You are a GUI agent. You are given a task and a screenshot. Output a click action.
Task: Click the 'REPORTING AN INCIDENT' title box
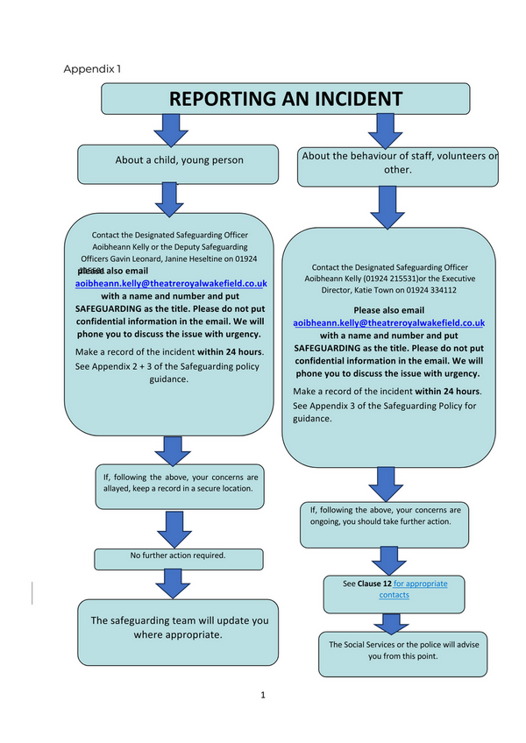point(286,98)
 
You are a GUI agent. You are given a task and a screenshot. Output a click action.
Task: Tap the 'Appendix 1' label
point(93,68)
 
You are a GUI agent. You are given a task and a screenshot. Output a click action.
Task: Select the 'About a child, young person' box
point(179,160)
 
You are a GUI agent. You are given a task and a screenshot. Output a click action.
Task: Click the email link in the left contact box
point(171,284)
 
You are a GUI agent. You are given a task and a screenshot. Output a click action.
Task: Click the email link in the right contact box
point(388,322)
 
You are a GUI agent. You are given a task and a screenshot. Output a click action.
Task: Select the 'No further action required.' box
point(178,555)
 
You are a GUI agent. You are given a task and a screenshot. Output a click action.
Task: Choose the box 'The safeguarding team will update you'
point(179,627)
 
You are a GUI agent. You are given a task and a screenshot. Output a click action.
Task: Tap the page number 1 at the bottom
point(262,696)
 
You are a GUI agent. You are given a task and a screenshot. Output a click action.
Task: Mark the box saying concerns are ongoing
point(385,515)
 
